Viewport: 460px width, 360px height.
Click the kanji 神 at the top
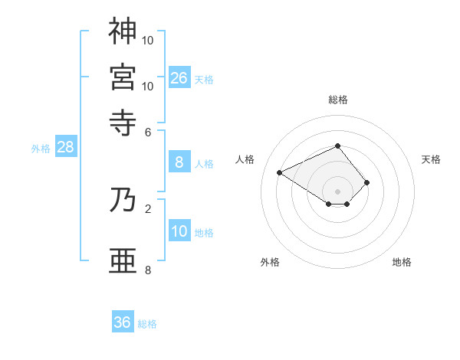123,31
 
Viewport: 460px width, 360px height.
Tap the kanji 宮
123,77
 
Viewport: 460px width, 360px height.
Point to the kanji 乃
123,200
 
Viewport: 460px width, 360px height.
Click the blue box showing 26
179,77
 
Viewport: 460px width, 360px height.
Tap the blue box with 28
65,147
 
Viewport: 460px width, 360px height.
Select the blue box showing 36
123,322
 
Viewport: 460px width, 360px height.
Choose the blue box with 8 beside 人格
179,162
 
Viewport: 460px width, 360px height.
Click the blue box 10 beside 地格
179,231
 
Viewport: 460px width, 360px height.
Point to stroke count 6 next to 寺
148,131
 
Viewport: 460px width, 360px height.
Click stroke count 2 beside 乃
148,208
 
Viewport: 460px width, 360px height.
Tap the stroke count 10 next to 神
148,39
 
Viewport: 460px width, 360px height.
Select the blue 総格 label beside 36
147,324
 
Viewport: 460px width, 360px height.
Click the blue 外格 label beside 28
41,149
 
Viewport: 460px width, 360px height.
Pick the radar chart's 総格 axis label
338,100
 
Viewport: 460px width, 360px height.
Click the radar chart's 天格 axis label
431,159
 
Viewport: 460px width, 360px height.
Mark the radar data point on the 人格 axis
280,172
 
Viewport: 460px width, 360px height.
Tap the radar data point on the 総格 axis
337,146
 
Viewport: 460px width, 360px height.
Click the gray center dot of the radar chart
337,191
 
